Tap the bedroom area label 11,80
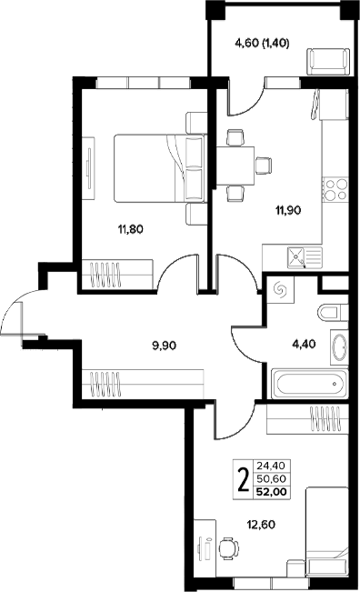(131, 229)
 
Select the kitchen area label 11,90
(288, 210)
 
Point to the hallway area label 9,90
(165, 345)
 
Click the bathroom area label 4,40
(304, 344)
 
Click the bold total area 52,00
(271, 492)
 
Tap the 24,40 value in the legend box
(271, 465)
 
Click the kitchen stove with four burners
(335, 189)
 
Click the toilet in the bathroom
(333, 313)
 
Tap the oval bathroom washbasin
(340, 347)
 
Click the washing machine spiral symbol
(281, 289)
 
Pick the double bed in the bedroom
(160, 168)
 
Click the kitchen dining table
(235, 166)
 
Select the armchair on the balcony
(328, 62)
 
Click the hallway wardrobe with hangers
(143, 383)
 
